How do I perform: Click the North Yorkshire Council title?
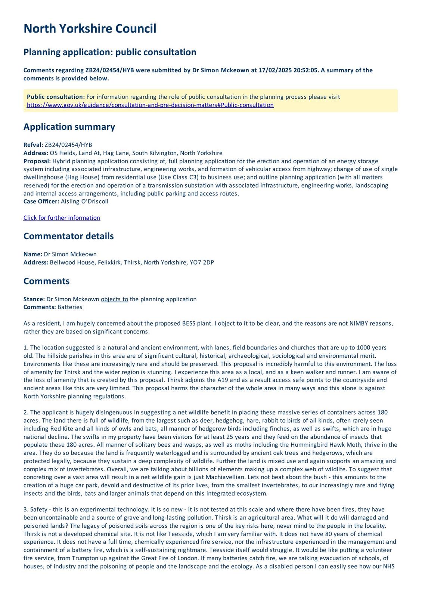pos(90,29)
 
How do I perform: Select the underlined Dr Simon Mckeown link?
pos(221,70)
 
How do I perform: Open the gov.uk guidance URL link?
pos(150,105)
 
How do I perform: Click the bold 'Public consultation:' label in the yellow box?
pos(56,97)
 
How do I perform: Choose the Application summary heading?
pos(69,127)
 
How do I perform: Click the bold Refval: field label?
pos(33,145)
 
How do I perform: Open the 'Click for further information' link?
pos(62,218)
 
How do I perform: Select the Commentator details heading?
pos(68,236)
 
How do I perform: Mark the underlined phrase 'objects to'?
pos(114,299)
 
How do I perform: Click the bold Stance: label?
pos(34,299)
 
